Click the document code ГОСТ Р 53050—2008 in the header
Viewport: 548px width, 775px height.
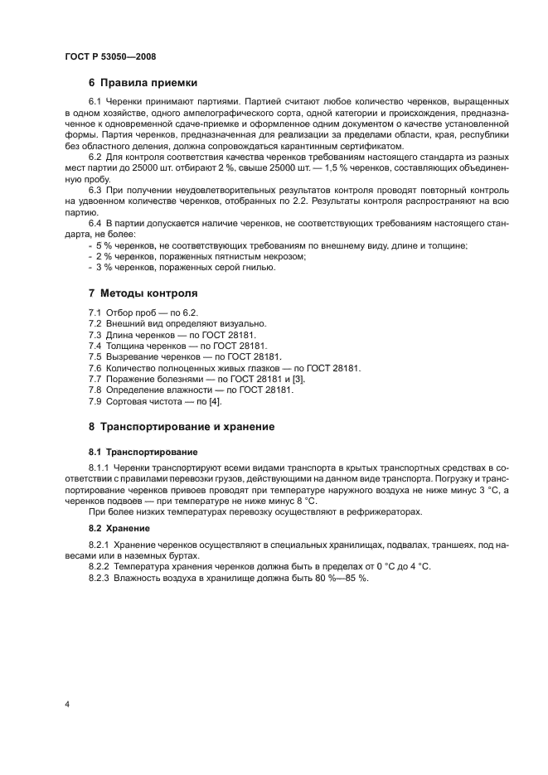pos(110,56)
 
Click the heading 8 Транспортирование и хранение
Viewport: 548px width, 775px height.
pos(187,427)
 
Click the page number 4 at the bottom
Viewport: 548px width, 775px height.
pos(66,705)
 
